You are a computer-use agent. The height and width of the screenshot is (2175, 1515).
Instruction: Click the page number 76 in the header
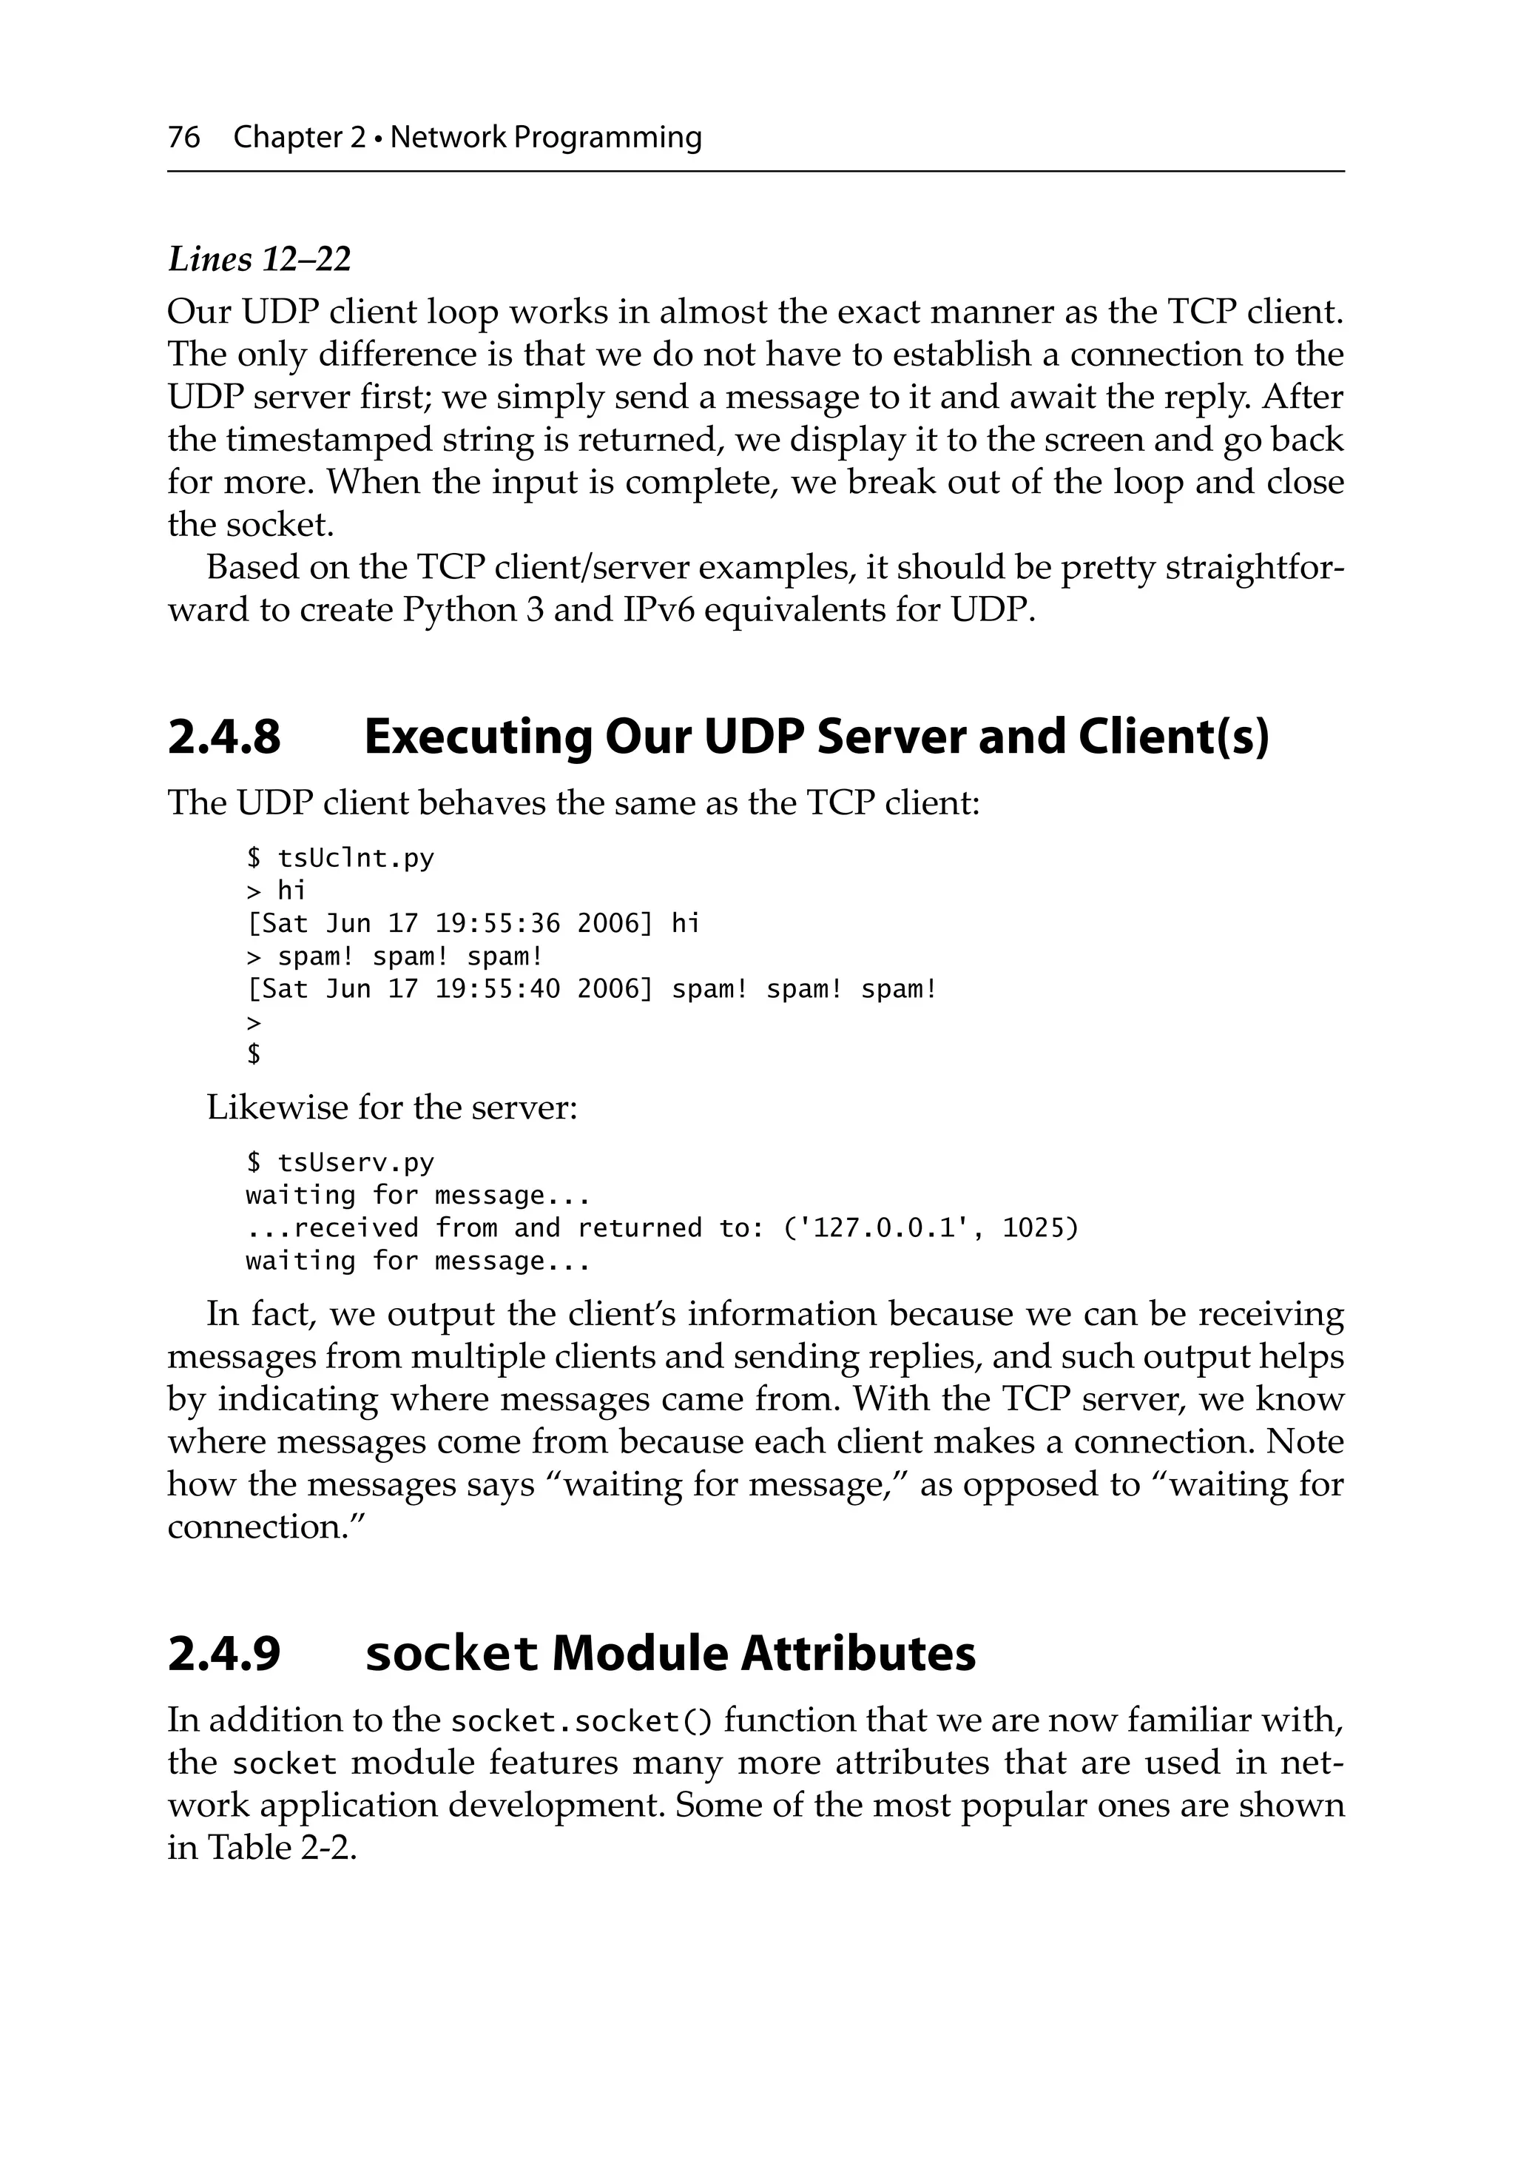click(183, 138)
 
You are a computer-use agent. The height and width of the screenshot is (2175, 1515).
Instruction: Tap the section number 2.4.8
click(224, 737)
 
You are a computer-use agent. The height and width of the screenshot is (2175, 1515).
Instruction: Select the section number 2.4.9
click(224, 1654)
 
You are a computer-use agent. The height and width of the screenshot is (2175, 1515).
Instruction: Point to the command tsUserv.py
click(355, 1162)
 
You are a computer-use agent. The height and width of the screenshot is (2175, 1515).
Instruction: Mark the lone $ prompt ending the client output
click(253, 1054)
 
